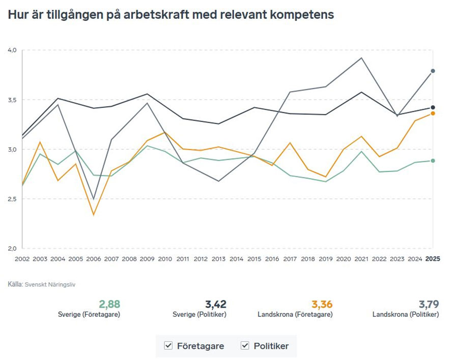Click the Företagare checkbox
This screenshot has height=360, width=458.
[x=169, y=346]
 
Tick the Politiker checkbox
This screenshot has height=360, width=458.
[x=245, y=346]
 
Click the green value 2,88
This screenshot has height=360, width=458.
[x=109, y=305]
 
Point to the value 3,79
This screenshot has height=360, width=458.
[x=428, y=305]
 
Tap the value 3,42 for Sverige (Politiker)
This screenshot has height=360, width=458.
[x=216, y=305]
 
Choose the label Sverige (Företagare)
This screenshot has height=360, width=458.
[x=89, y=315]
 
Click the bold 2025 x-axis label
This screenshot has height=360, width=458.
[x=433, y=259]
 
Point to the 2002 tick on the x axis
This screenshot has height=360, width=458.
[x=22, y=259]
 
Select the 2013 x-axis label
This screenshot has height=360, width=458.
[x=218, y=259]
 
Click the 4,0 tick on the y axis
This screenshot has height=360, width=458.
[x=13, y=50]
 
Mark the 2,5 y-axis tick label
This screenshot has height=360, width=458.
[x=13, y=199]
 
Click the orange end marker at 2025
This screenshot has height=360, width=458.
[x=433, y=113]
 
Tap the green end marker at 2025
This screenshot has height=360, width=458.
[x=433, y=161]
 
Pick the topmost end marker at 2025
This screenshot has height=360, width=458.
[x=433, y=71]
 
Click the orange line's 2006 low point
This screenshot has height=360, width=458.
[x=93, y=215]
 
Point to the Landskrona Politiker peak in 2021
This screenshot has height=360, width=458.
[x=361, y=57]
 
